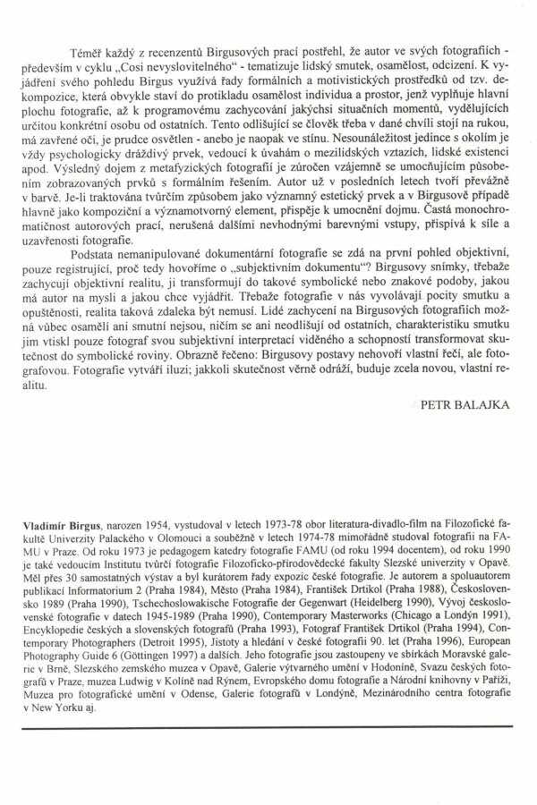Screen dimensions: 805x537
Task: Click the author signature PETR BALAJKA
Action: [x=464, y=403]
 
